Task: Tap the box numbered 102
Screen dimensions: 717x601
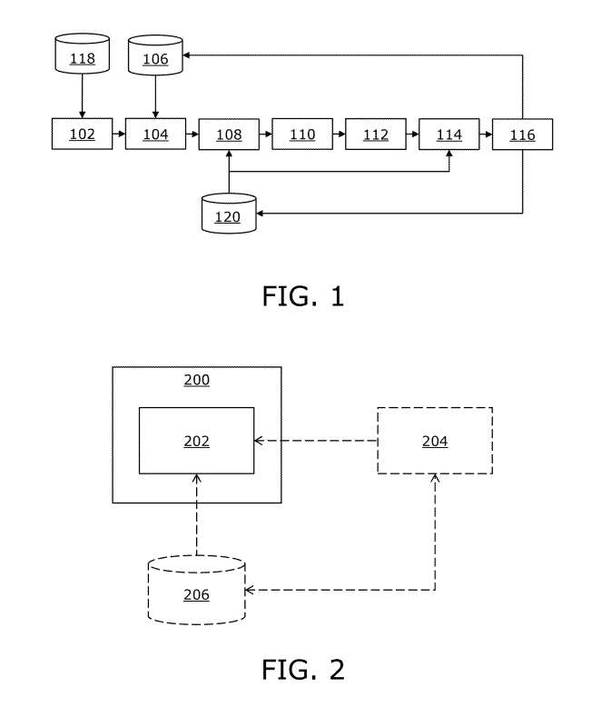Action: pos(83,134)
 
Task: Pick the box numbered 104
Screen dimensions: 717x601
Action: pos(155,134)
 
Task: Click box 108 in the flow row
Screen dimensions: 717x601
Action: pos(229,134)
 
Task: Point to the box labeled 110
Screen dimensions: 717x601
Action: pos(302,134)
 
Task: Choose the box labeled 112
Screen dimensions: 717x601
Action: pos(376,134)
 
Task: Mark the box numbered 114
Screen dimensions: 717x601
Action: pos(448,134)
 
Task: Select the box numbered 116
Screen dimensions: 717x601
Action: pos(522,134)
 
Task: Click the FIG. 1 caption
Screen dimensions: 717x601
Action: pos(303,296)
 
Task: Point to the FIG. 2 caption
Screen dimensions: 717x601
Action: pos(303,671)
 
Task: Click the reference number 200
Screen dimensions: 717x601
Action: pos(196,380)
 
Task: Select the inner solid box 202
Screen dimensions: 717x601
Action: pos(196,441)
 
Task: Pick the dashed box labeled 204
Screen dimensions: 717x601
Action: pos(435,441)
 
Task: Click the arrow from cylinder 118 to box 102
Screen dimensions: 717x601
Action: pos(83,95)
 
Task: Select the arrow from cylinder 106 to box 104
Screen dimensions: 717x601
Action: pos(155,95)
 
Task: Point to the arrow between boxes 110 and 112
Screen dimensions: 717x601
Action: pos(339,134)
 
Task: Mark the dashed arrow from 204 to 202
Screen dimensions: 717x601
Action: pos(315,441)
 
